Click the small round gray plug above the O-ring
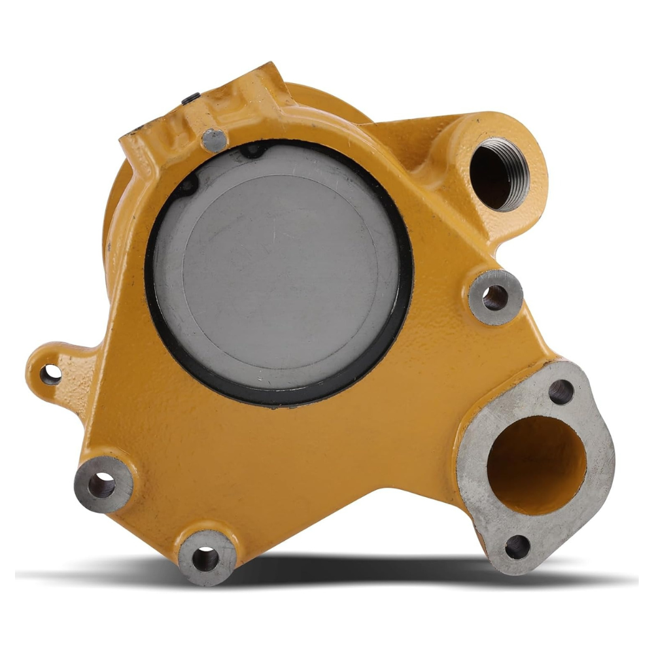pos(215,140)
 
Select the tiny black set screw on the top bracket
pos(190,99)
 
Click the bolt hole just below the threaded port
pos(495,298)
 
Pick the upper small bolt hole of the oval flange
pos(560,392)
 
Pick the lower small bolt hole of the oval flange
pos(517,547)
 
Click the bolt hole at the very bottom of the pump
pos(207,558)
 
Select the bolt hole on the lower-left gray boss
pos(102,485)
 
